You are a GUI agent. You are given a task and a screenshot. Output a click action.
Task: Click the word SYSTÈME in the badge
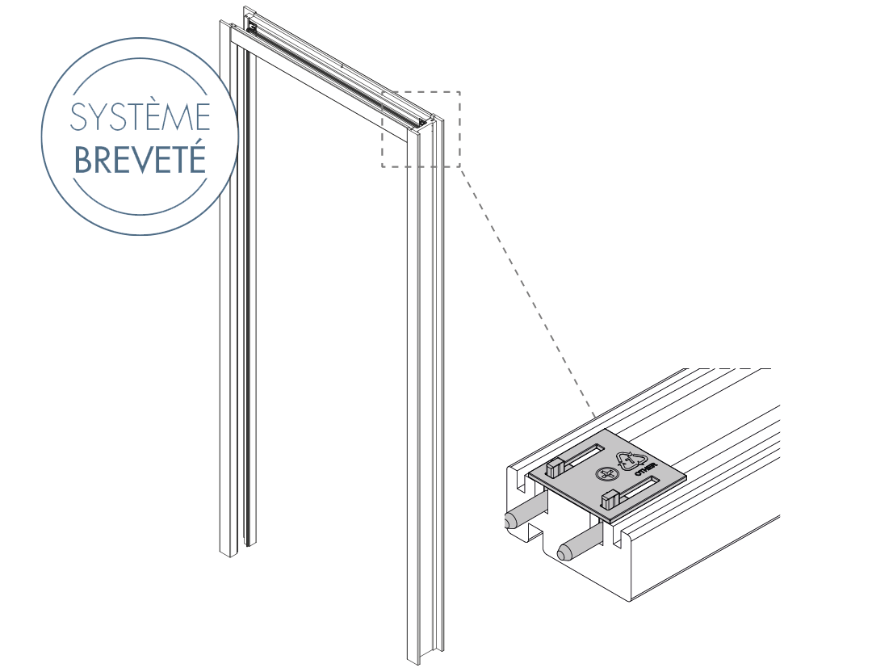coord(140,117)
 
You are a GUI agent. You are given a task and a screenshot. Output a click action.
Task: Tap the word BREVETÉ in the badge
coord(140,159)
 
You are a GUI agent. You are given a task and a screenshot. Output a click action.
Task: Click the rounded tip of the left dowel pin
coord(510,521)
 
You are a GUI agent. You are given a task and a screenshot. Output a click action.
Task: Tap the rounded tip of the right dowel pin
coord(563,553)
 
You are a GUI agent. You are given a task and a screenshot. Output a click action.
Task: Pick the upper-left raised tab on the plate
coord(555,466)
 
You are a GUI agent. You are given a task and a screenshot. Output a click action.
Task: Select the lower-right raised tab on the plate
coord(610,498)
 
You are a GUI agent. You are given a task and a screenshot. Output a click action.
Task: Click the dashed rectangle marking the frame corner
coord(421,129)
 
